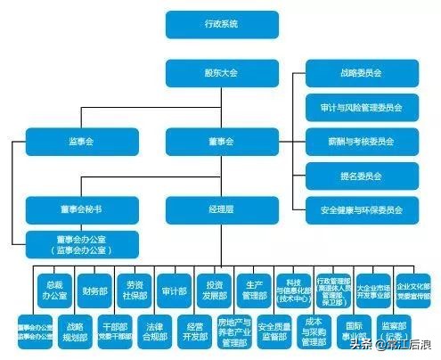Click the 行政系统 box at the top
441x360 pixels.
(x=209, y=25)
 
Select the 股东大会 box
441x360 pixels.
(x=209, y=73)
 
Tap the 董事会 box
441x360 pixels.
(x=209, y=141)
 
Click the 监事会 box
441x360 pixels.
(x=69, y=141)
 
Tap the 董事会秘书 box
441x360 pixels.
(x=69, y=210)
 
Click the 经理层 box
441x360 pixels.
(x=209, y=210)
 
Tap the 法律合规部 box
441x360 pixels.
(x=155, y=331)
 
